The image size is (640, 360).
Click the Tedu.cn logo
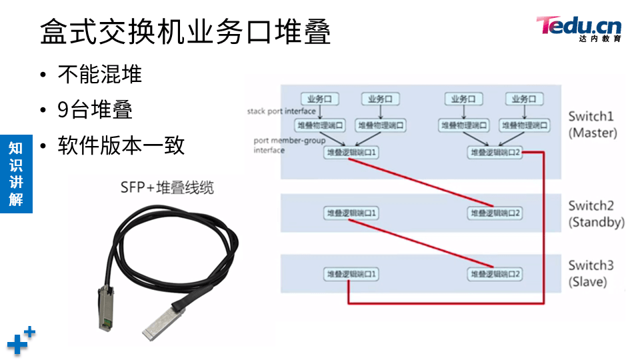pos(579,28)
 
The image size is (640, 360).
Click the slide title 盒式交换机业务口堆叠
pos(185,31)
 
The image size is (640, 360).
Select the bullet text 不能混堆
pos(100,74)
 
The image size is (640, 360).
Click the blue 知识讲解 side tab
pos(16,173)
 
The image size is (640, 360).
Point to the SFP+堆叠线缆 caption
pos(167,187)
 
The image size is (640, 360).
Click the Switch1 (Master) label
pos(593,125)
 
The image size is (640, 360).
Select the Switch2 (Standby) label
pos(596,214)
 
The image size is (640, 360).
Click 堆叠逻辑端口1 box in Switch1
pos(351,153)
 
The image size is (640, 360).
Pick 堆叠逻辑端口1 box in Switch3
pos(351,274)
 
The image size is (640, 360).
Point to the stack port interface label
pos(281,111)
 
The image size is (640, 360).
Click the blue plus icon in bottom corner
pos(20,341)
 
